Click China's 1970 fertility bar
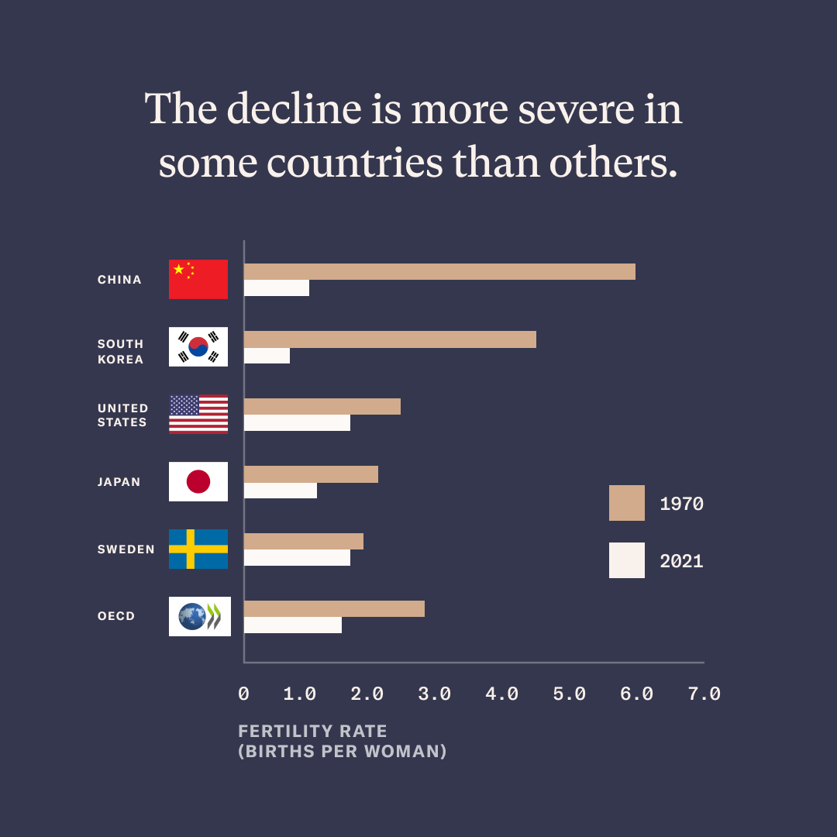[x=439, y=271]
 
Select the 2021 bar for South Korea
[x=267, y=356]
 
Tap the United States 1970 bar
[x=322, y=406]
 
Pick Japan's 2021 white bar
[x=281, y=491]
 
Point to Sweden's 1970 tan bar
[x=304, y=541]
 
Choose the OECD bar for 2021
[x=293, y=625]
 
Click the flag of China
[x=198, y=279]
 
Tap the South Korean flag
[x=198, y=346]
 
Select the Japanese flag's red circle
[x=198, y=481]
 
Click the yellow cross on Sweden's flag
[x=191, y=549]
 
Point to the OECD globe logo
[x=191, y=617]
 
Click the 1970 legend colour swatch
[x=626, y=503]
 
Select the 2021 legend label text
[x=681, y=561]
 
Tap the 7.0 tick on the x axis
[x=704, y=694]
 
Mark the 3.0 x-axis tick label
[x=434, y=694]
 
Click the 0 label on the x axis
[x=243, y=694]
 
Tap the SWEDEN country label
[x=126, y=549]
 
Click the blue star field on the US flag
[x=184, y=405]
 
